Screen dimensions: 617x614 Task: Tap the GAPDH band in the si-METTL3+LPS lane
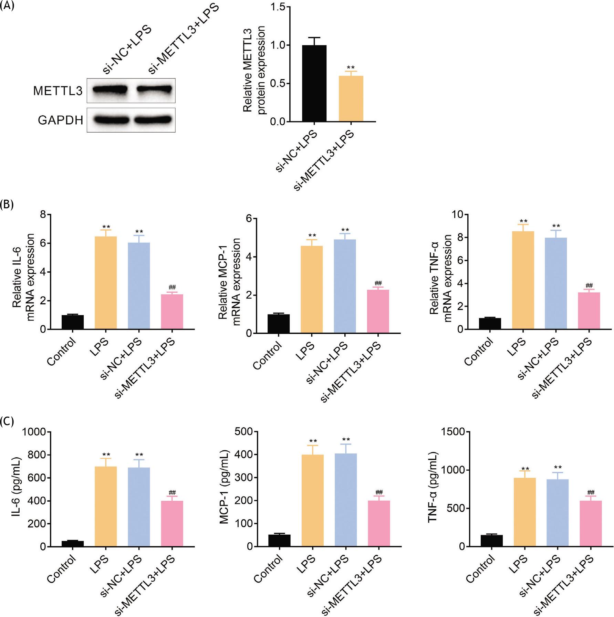(x=153, y=119)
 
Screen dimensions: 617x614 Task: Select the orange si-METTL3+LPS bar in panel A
(x=351, y=98)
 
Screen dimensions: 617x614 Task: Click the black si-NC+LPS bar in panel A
(x=314, y=83)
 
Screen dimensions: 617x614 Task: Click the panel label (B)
(x=7, y=204)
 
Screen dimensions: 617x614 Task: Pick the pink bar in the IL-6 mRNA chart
(x=172, y=312)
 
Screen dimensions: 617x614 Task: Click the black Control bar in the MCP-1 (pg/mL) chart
(x=279, y=540)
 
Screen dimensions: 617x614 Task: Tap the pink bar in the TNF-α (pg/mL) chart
(x=591, y=523)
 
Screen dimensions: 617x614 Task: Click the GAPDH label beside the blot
(x=60, y=120)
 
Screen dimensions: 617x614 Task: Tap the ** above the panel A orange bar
(x=351, y=68)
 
